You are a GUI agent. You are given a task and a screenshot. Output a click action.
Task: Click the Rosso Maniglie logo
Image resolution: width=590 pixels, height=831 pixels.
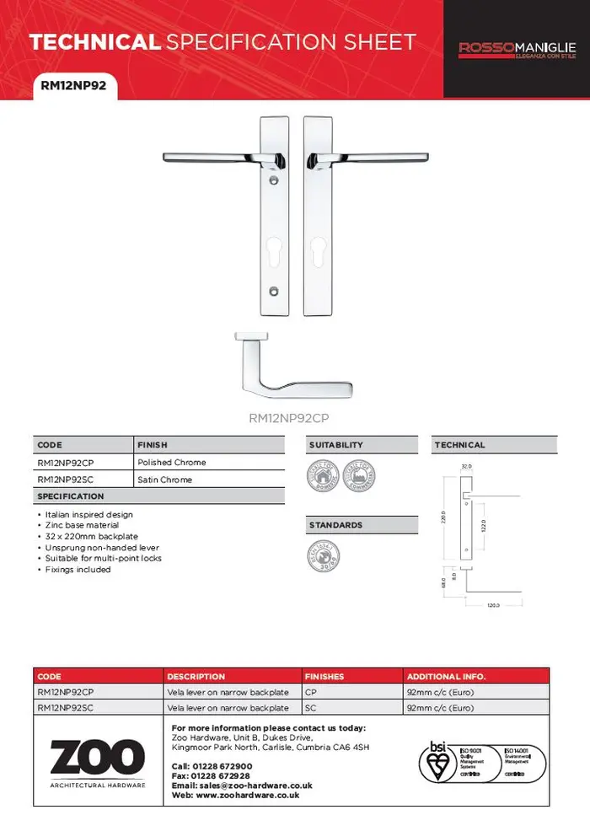tap(517, 50)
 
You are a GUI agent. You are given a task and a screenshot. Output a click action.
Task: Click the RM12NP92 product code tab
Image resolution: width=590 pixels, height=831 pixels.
tap(73, 85)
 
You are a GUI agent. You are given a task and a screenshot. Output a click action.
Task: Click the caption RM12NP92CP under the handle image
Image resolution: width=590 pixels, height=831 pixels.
tap(294, 416)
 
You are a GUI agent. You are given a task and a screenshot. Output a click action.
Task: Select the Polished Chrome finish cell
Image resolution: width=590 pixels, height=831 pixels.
tap(172, 463)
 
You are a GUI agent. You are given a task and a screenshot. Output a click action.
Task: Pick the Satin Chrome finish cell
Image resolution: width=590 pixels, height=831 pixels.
tap(164, 480)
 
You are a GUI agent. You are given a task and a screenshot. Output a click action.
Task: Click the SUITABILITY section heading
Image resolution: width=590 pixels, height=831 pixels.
tap(335, 445)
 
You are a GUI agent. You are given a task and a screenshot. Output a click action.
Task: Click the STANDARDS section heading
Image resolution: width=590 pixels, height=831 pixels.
tap(335, 525)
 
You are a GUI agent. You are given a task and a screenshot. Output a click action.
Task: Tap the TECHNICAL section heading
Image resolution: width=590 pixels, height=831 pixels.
tap(459, 445)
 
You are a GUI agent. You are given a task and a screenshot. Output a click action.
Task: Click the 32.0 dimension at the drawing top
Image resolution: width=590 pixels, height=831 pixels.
tap(466, 466)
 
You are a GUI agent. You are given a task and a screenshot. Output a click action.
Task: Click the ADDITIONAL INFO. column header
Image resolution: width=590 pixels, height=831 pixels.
tap(446, 677)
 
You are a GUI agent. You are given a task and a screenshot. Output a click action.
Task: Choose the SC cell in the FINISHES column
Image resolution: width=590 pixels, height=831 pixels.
tap(310, 708)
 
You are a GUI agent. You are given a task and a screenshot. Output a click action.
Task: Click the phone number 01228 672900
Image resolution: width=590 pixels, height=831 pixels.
tap(223, 766)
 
